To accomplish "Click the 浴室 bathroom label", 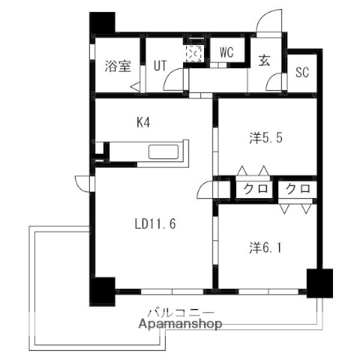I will click(118, 65).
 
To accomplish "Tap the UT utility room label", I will click(160, 65).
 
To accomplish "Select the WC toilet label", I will click(227, 52).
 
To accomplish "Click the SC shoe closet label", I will click(302, 73).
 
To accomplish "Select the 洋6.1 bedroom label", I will click(265, 245).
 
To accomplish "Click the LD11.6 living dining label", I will click(155, 223).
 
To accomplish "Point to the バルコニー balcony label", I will click(180, 312).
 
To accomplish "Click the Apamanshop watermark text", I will click(180, 325).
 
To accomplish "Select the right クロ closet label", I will click(298, 189).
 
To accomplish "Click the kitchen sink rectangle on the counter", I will click(163, 152).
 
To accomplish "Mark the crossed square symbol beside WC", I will click(193, 54).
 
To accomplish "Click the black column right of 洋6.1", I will click(317, 283).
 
